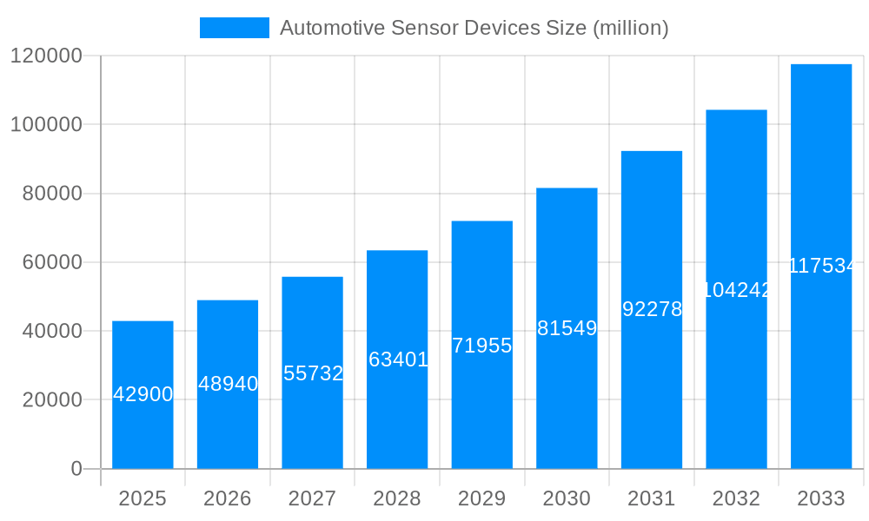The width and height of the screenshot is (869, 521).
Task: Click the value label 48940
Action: coord(228,384)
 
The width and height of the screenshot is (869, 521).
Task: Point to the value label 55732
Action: coord(313,373)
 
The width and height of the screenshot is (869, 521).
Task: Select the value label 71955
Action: coord(482,346)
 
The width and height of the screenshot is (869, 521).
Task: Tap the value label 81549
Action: coord(567,328)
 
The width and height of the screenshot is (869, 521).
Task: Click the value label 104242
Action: coord(736,290)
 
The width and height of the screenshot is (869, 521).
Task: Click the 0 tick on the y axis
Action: coord(76,469)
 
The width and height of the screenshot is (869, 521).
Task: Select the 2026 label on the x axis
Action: coord(228,498)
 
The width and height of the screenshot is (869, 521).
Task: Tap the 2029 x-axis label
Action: coord(482,498)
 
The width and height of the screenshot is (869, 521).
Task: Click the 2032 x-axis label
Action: coord(736,498)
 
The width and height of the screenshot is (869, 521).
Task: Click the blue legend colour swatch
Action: coord(235,28)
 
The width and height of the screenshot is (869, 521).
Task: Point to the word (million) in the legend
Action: coord(630,28)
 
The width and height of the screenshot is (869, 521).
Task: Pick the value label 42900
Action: coord(143,394)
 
